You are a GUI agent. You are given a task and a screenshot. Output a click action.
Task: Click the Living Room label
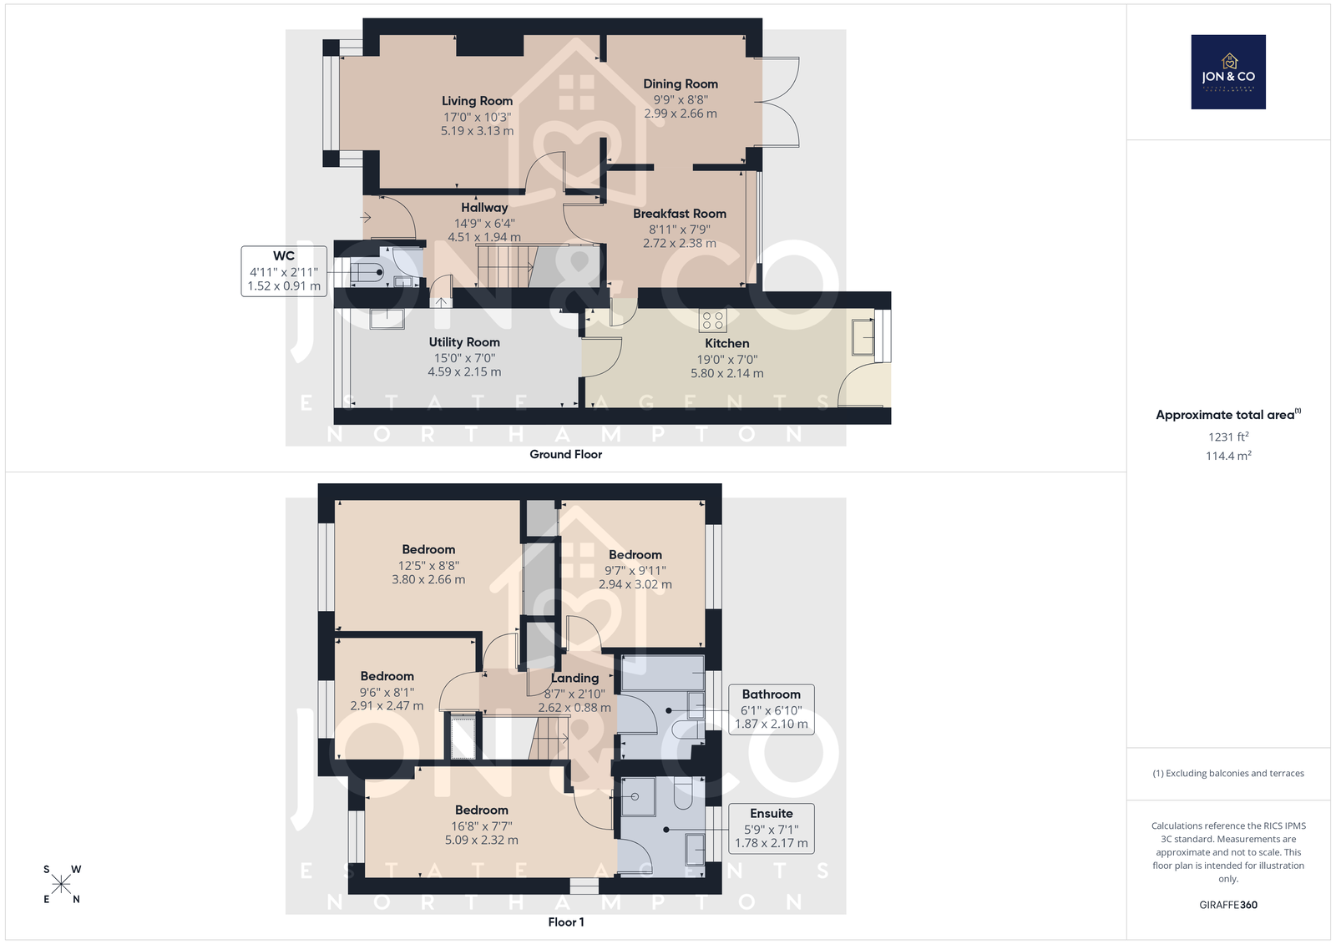click(477, 101)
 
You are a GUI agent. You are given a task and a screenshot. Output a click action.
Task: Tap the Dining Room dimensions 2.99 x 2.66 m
click(681, 114)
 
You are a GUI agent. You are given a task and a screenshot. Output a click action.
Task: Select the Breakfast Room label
click(680, 214)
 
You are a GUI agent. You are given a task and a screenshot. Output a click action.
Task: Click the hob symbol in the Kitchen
click(713, 321)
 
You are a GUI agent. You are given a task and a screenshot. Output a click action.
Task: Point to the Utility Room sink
click(387, 319)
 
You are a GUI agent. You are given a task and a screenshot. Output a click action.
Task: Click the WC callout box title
click(284, 256)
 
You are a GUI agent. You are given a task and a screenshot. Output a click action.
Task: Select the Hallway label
click(484, 208)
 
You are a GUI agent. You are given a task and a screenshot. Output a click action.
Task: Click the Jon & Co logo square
click(1228, 72)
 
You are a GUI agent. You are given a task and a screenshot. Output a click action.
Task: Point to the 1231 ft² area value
click(1228, 437)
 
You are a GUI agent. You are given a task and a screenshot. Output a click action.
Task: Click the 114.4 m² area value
click(1228, 456)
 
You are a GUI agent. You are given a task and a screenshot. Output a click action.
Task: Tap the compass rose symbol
click(62, 884)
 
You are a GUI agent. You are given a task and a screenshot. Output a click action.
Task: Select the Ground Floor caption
click(566, 454)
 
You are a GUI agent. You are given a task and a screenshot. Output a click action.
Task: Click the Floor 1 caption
click(566, 922)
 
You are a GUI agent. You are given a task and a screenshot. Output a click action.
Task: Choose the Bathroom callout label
click(772, 694)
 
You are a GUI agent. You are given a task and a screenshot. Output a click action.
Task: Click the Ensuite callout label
click(772, 814)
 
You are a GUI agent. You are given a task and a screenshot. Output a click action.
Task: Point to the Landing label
click(574, 678)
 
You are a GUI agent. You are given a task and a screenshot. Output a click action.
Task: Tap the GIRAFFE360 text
click(1228, 905)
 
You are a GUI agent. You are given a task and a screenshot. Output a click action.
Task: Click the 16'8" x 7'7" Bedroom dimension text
click(481, 826)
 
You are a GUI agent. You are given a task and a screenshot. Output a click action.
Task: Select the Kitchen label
click(727, 344)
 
